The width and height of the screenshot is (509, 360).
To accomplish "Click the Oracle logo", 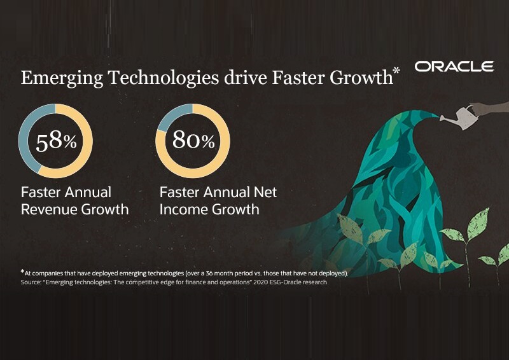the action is [x=454, y=67].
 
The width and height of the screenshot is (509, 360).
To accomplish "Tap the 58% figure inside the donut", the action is [x=56, y=141].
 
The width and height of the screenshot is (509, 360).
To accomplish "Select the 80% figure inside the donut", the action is [x=193, y=140].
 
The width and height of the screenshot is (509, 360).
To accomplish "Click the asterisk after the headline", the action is [x=396, y=71].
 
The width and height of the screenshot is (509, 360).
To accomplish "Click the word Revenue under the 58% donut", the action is [x=49, y=209].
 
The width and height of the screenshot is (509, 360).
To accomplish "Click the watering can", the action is [x=459, y=117].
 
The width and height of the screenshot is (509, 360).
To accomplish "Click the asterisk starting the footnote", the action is [x=22, y=272].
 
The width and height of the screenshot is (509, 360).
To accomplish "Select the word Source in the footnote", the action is [x=31, y=282].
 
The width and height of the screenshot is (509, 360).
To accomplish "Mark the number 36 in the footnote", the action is [x=209, y=273].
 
